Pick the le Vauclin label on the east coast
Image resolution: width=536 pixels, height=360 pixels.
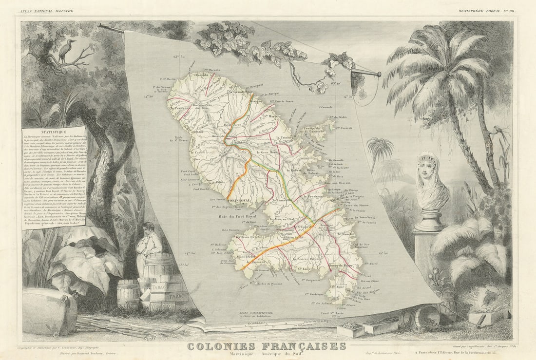point(348,235)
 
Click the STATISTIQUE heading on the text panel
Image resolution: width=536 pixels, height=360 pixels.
point(54,133)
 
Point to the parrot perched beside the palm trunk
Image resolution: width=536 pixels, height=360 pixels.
point(498,131)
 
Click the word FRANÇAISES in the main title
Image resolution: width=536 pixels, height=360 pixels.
point(303,347)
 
